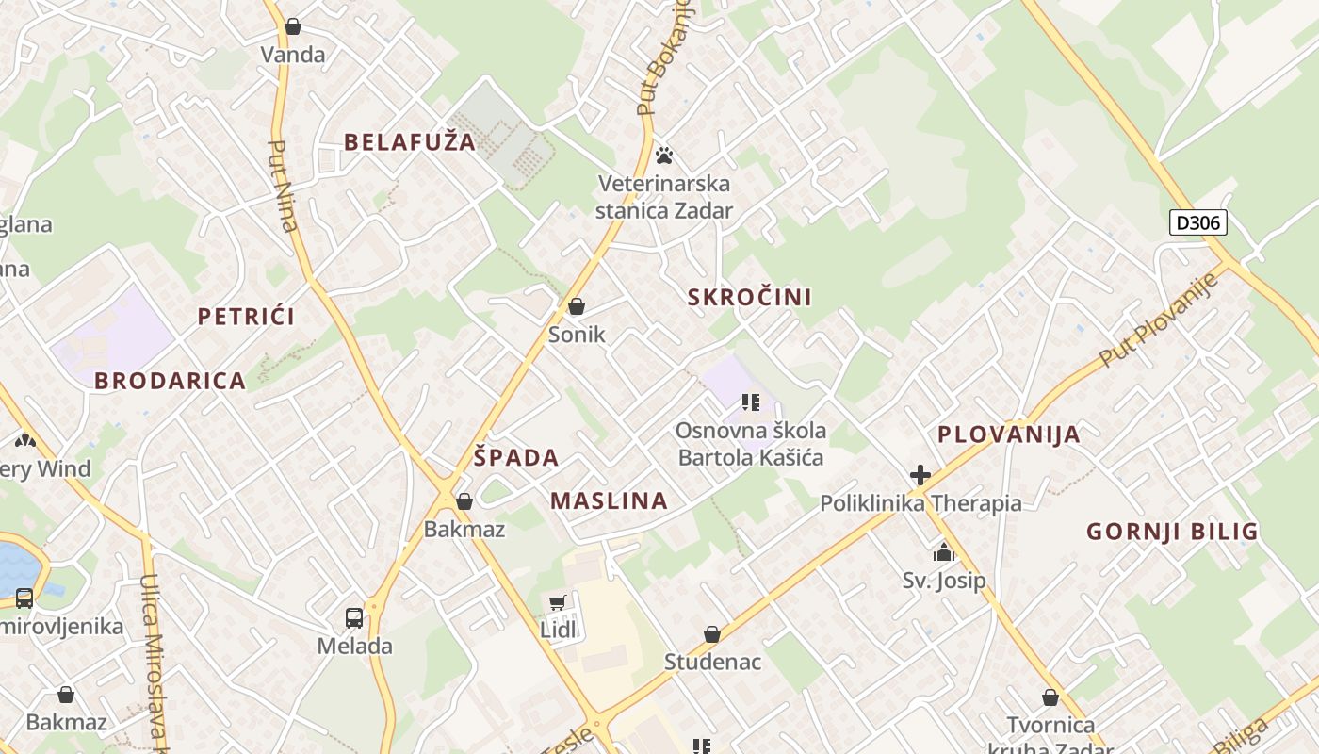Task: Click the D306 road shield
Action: pyautogui.click(x=1197, y=222)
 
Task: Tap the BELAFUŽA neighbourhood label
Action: pyautogui.click(x=410, y=142)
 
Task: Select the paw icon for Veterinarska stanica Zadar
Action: pyautogui.click(x=664, y=155)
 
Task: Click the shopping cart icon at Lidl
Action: pyautogui.click(x=558, y=602)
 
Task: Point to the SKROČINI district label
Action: pyautogui.click(x=749, y=298)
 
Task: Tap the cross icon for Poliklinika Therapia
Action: pyautogui.click(x=920, y=475)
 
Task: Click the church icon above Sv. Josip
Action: pyautogui.click(x=944, y=552)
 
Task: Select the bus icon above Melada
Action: pyautogui.click(x=354, y=618)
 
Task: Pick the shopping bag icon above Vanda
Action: pyautogui.click(x=293, y=26)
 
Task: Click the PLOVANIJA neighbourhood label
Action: pyautogui.click(x=1008, y=434)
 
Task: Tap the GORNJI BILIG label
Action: pyautogui.click(x=1172, y=532)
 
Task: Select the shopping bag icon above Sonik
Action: pyautogui.click(x=577, y=306)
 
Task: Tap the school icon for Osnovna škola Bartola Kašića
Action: pyautogui.click(x=751, y=403)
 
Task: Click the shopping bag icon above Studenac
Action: pyautogui.click(x=712, y=634)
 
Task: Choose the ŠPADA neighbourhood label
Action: pyautogui.click(x=515, y=458)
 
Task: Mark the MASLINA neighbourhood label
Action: pyautogui.click(x=609, y=500)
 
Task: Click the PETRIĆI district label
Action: pyautogui.click(x=246, y=317)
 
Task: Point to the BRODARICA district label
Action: pyautogui.click(x=170, y=381)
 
